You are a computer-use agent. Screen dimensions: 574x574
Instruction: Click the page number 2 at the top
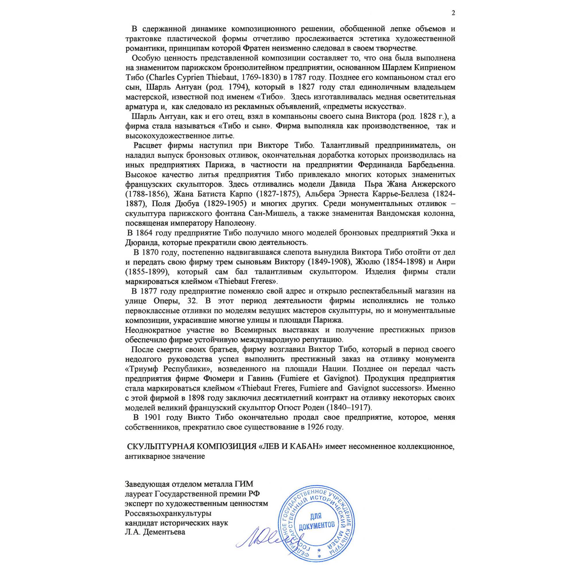[453, 13]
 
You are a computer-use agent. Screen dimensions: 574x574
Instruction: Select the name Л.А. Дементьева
[155, 532]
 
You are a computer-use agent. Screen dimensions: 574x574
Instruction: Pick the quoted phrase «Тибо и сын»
[245, 126]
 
